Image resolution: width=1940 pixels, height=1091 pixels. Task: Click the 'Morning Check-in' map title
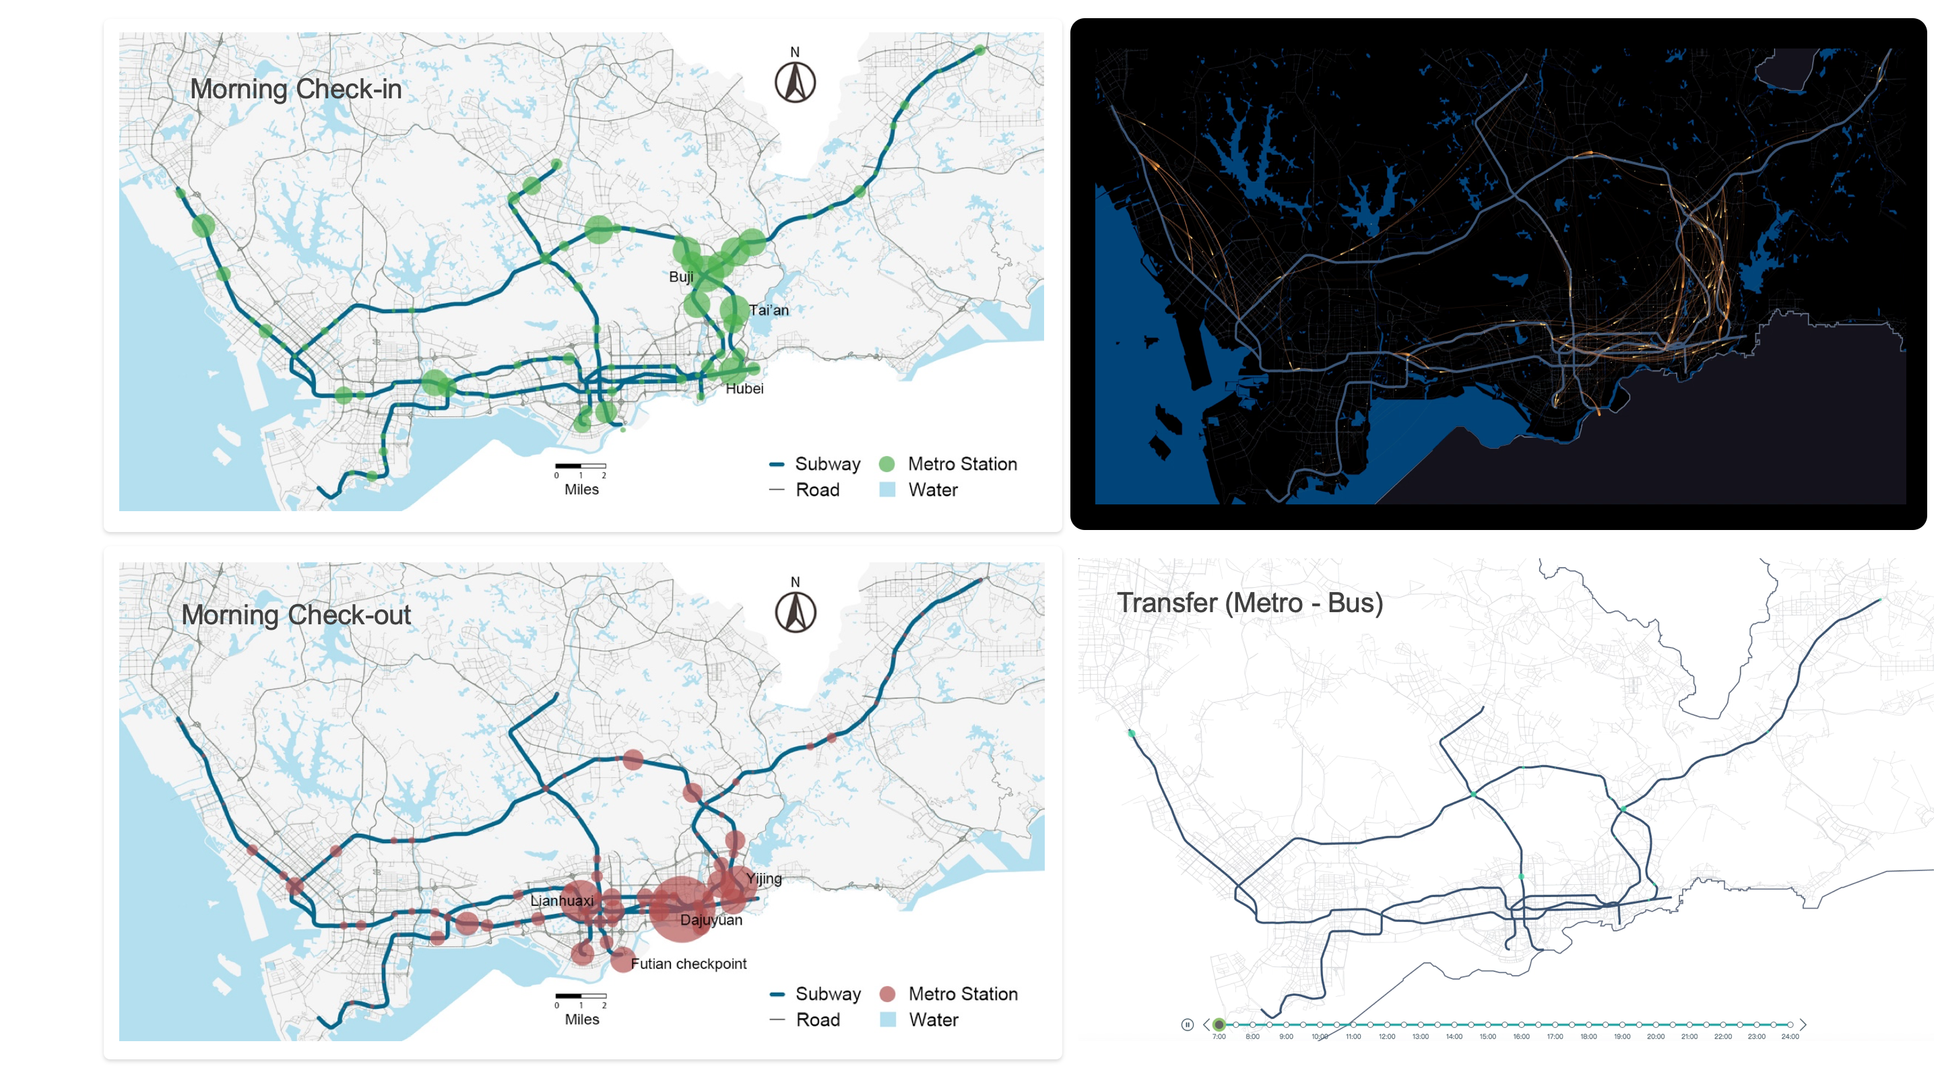295,89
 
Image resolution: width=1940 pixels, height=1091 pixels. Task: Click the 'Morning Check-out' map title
295,615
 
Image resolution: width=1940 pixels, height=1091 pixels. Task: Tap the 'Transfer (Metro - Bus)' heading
1249,603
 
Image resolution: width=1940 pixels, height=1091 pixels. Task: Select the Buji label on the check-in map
681,277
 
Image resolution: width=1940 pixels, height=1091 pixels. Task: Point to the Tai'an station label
768,310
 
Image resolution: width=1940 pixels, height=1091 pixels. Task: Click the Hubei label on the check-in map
744,389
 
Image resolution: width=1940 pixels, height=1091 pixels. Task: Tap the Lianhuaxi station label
562,900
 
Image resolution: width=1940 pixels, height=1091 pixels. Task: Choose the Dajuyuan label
711,920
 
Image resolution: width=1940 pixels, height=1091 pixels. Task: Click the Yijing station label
764,879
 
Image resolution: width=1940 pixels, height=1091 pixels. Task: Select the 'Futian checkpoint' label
688,964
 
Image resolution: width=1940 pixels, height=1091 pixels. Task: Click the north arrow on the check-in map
796,81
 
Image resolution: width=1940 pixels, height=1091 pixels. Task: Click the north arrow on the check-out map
796,611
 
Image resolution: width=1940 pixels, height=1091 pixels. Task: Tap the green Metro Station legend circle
887,465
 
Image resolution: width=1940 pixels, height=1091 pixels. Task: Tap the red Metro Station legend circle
887,995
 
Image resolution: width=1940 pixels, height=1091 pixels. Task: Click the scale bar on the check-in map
581,467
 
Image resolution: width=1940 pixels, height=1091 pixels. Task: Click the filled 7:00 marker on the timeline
1219,1025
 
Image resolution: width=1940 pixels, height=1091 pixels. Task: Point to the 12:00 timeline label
1386,1037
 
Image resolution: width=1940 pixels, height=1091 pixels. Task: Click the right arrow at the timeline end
1803,1025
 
